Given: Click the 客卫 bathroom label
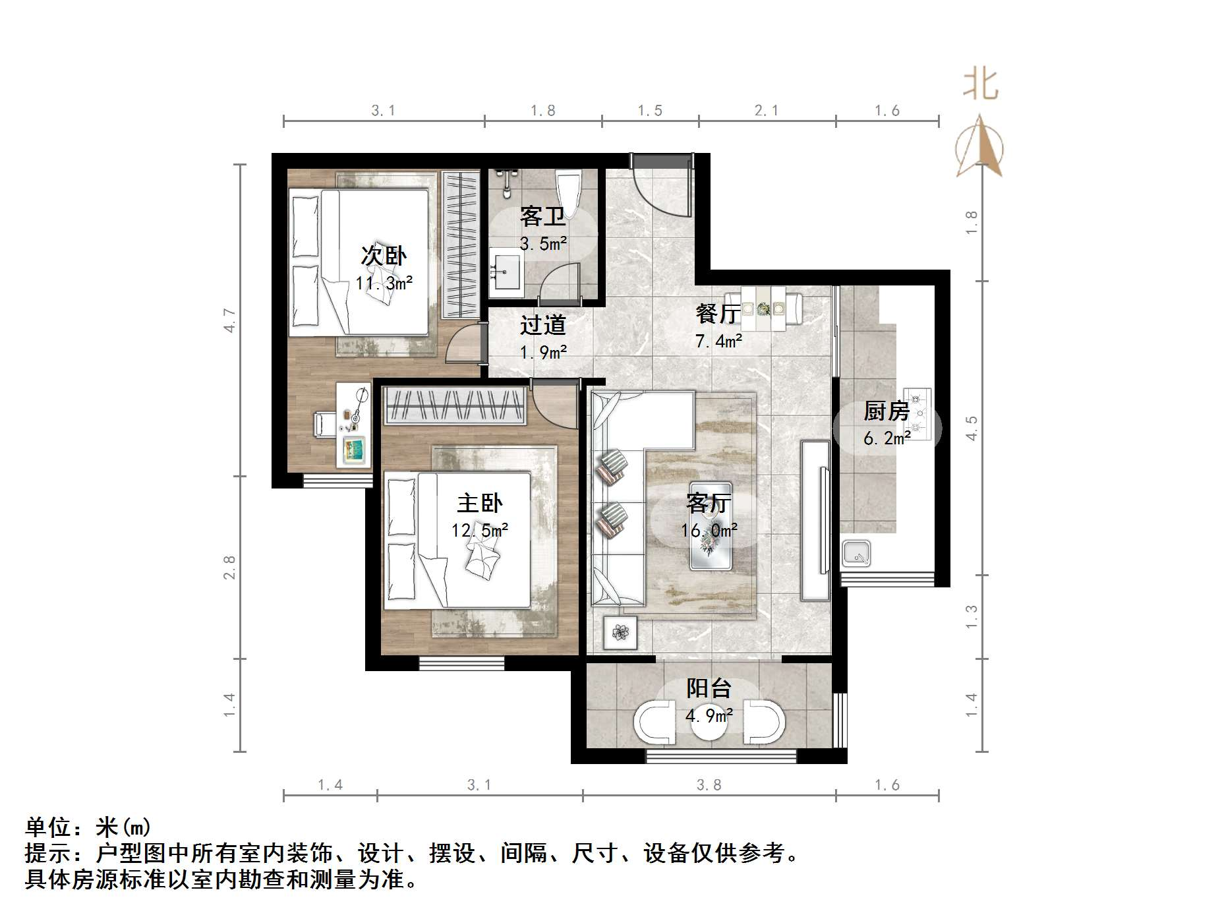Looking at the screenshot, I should pos(542,216).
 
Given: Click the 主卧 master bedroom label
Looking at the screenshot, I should pos(479,504).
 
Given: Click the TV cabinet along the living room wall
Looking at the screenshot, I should pos(815,520).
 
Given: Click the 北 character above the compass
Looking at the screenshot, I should pos(980,86).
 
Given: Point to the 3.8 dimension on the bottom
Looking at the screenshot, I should pos(709,784).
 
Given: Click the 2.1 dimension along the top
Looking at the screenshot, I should pos(766,111).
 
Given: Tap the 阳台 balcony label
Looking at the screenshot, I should pos(709,688).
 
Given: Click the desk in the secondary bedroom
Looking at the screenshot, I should pos(353,425).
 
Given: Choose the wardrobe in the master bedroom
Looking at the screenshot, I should pos(455,405).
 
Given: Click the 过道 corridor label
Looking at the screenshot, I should pos(542,325).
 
